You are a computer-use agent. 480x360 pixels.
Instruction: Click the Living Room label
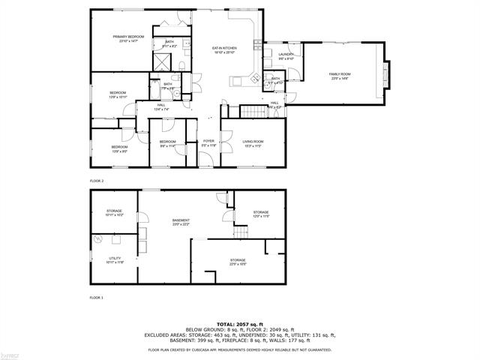coord(252,143)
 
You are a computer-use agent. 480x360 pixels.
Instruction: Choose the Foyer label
coord(209,142)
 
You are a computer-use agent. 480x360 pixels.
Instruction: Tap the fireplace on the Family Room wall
coord(388,75)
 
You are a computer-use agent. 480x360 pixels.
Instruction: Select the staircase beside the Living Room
coord(253,112)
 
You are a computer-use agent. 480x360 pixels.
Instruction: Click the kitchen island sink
coord(254,77)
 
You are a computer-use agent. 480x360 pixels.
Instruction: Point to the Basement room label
coord(181,221)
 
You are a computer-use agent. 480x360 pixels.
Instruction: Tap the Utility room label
coord(114,259)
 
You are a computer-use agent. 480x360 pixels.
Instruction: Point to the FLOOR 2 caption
coord(97,181)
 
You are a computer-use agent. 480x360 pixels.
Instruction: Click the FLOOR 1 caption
coord(96,298)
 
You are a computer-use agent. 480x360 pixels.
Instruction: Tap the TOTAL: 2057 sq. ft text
coord(240,322)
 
